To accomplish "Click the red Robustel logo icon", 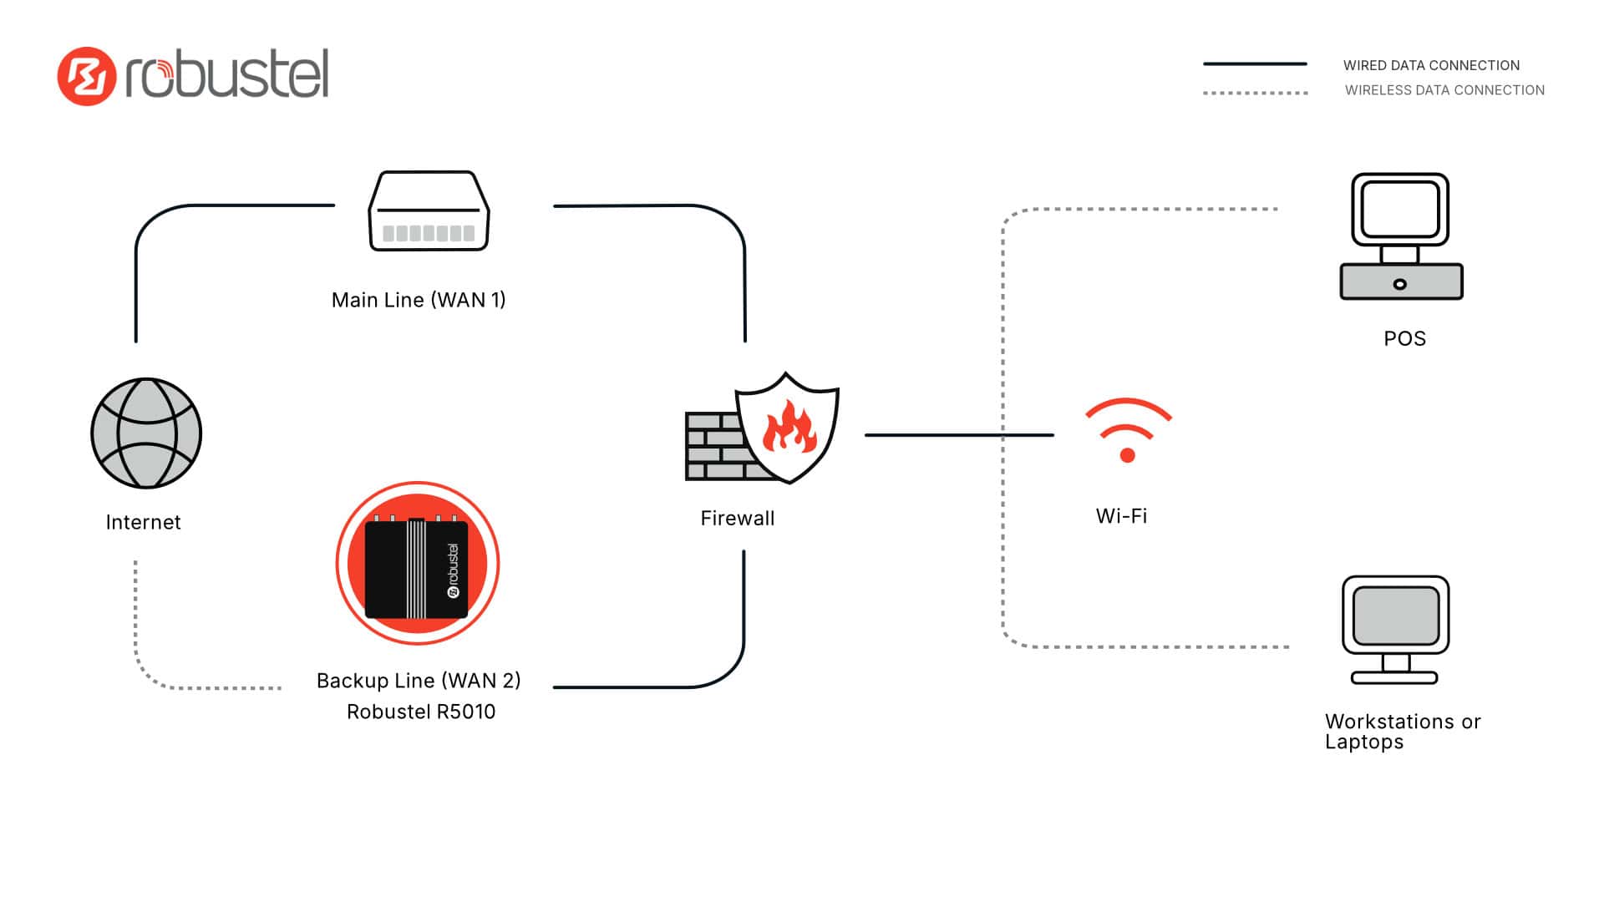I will click(x=86, y=76).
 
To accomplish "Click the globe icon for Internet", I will click(x=146, y=433).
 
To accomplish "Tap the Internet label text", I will click(x=143, y=522).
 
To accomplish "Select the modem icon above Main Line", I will click(x=429, y=211).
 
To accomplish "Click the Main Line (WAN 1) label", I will click(x=419, y=300).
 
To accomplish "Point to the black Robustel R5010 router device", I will click(x=417, y=568).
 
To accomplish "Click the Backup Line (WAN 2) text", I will click(x=419, y=681).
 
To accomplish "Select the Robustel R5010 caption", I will click(x=421, y=712).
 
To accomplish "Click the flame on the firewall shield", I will click(x=788, y=427).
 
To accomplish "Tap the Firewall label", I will click(x=738, y=519).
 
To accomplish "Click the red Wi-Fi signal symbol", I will click(x=1127, y=430).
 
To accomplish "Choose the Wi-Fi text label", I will click(x=1121, y=516).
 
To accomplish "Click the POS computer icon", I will click(x=1401, y=236).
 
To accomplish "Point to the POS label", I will click(x=1404, y=338).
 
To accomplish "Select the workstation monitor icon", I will click(x=1395, y=629).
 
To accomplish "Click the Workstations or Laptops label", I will click(x=1402, y=732).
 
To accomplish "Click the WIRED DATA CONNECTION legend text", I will click(x=1431, y=65).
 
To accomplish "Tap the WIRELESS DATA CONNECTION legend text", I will click(x=1444, y=90).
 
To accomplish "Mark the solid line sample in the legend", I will click(x=1255, y=63).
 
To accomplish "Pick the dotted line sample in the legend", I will click(x=1255, y=93).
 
